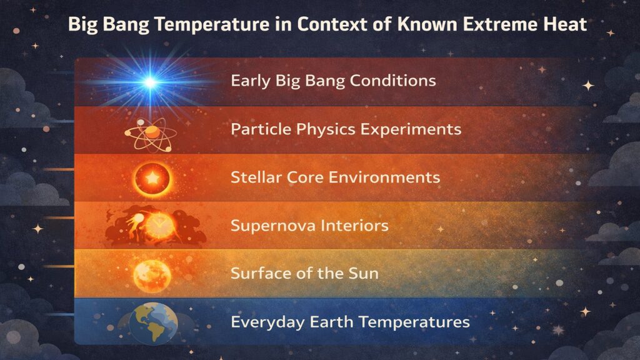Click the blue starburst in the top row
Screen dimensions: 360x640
coord(150,82)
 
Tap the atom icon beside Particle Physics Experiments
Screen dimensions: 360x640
coord(151,131)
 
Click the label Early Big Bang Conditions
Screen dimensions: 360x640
coord(333,81)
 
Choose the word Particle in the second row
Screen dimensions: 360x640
coord(254,129)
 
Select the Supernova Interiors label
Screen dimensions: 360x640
coord(309,226)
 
